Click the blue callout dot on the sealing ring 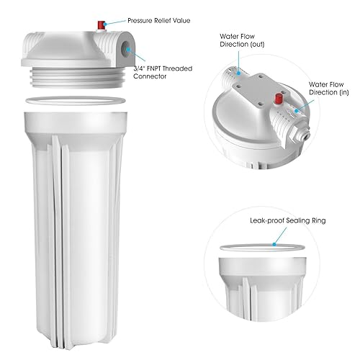coord(274,243)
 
